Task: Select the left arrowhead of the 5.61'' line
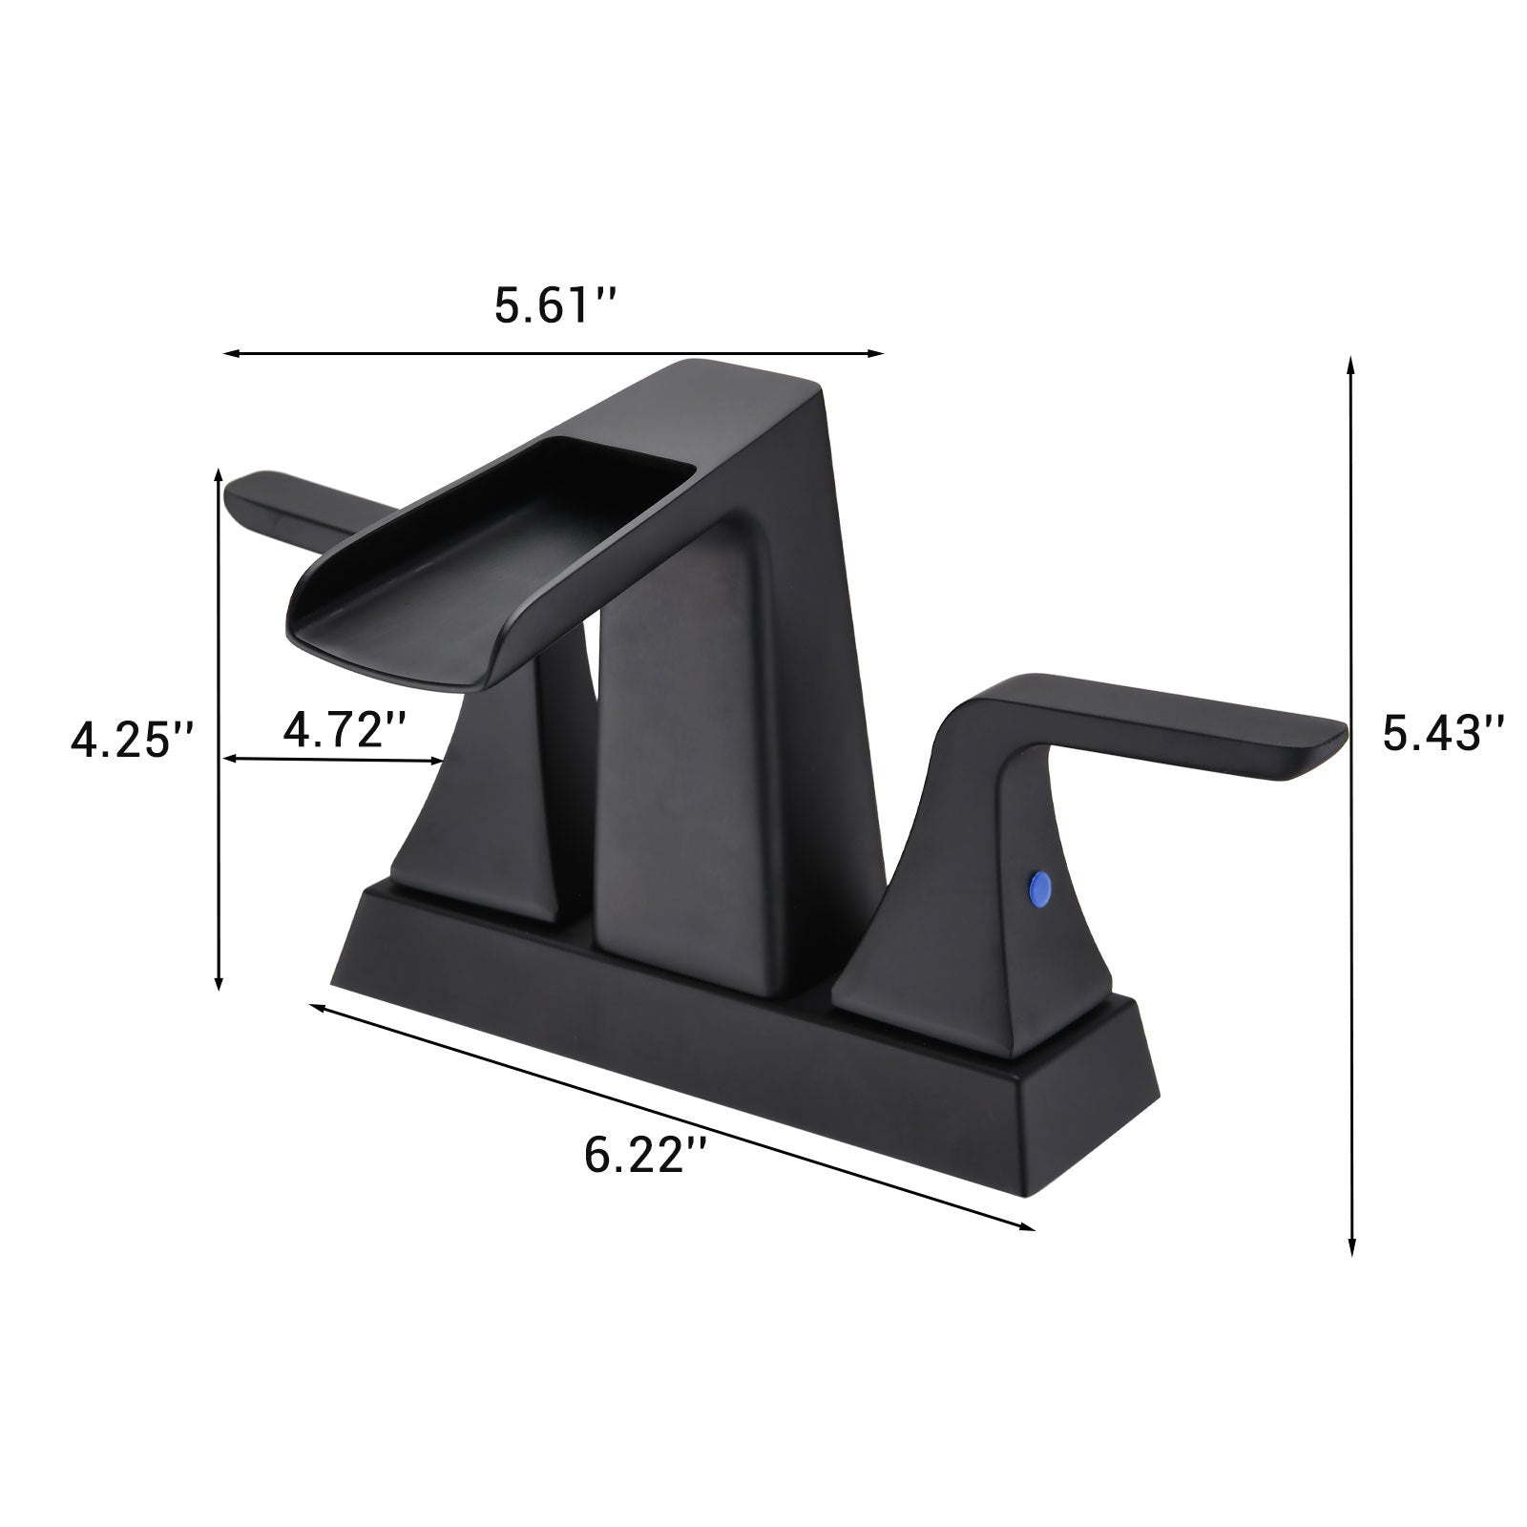coord(230,354)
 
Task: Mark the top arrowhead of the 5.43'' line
coord(1350,364)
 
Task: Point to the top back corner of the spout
coord(816,387)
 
